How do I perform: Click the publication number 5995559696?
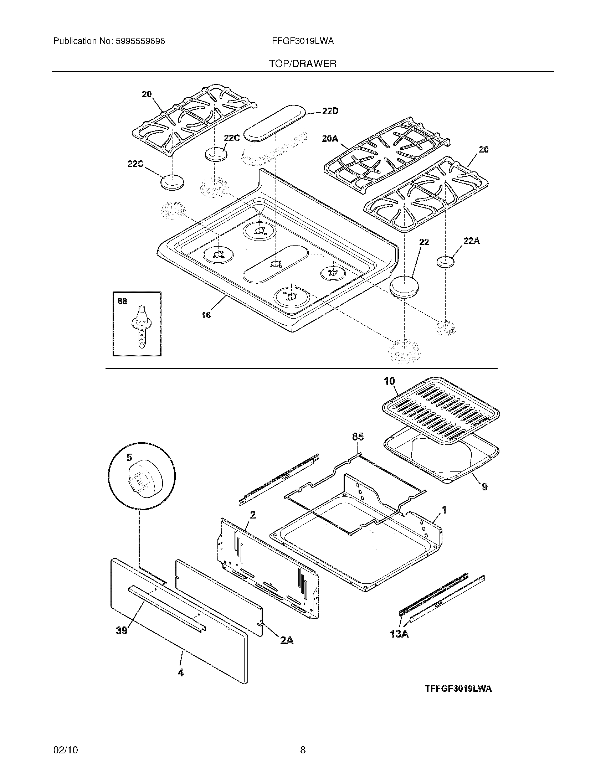pos(140,41)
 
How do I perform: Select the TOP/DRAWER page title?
pos(303,64)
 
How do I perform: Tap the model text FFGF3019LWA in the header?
pos(303,41)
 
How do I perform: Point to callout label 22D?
pos(330,111)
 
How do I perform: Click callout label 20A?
pos(330,139)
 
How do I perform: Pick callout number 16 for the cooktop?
pos(206,315)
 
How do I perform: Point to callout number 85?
pos(358,437)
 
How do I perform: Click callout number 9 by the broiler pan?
pos(484,487)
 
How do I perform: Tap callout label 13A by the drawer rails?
pos(399,634)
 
